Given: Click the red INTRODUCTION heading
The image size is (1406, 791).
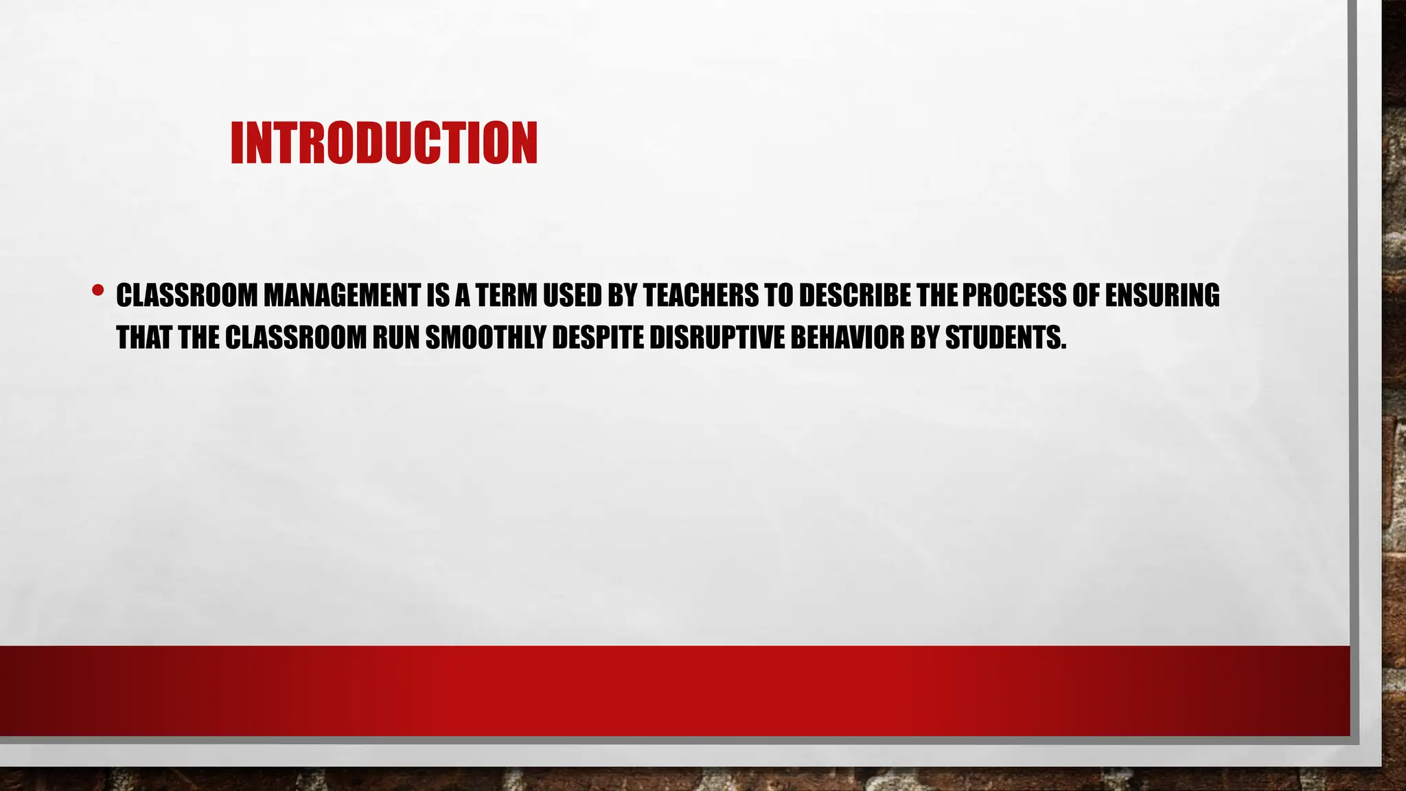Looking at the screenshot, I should [384, 143].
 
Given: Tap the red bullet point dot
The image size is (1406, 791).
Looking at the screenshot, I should [97, 291].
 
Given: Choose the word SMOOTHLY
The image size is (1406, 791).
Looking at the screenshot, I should [485, 337].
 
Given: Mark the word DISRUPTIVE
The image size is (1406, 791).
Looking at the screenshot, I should [716, 337].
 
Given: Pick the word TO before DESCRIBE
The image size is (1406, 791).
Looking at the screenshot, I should [779, 295].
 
